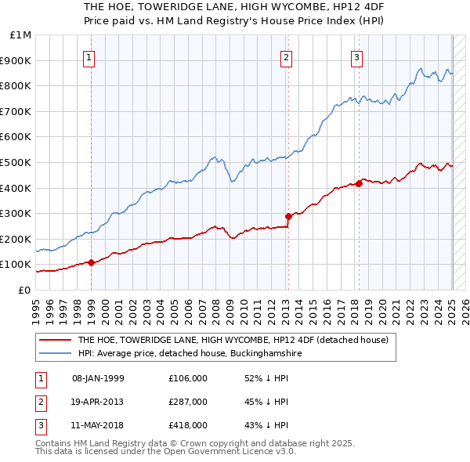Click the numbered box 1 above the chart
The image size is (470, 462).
coord(90,56)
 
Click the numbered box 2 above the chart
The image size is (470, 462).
coord(287,56)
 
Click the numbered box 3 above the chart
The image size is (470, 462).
coord(356,56)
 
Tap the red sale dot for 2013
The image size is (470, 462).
coord(288,216)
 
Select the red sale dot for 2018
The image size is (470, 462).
coord(359,183)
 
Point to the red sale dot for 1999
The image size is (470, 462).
coord(91,262)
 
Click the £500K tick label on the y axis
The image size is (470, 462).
coord(16,162)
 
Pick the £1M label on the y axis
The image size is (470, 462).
coord(21,35)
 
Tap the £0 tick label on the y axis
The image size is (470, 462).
coord(24,290)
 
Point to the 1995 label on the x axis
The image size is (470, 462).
coord(36,308)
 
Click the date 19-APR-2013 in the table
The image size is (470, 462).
coord(98,402)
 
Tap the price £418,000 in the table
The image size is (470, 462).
coord(188,425)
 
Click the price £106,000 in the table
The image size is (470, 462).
coord(188,378)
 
